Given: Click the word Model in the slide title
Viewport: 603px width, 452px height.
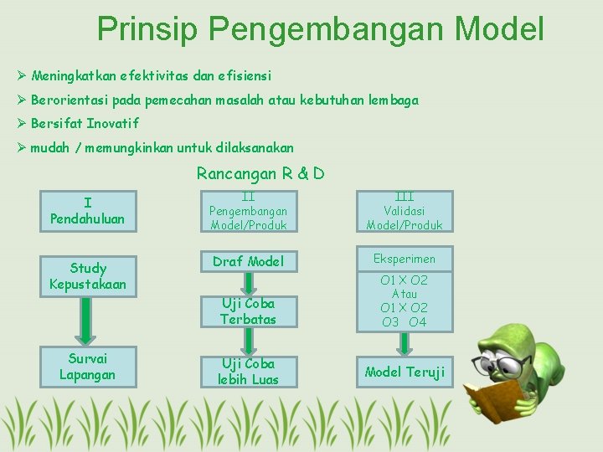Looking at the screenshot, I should (x=499, y=28).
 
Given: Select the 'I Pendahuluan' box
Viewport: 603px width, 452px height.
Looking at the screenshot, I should (x=87, y=211).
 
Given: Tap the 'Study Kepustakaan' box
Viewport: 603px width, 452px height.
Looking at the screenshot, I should (x=87, y=276).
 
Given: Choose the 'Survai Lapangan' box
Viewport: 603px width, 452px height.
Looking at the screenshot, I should (x=87, y=367).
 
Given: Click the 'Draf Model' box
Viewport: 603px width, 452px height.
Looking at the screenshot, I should (x=248, y=261).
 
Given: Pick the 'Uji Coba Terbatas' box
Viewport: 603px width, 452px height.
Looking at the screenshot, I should (x=248, y=311).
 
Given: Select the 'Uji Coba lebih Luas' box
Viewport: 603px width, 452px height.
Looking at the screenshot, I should (x=248, y=372).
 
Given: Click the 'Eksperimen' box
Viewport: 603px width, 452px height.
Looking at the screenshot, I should (x=405, y=259).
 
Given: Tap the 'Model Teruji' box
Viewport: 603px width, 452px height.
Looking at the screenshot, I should (x=405, y=372).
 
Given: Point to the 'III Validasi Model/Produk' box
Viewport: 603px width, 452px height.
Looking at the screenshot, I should (x=405, y=211).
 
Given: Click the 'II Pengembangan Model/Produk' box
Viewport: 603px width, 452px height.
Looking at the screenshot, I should (x=248, y=211).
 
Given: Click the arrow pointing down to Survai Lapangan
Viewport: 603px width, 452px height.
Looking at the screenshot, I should (x=87, y=321).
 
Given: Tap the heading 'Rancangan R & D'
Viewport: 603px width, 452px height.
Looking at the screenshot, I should (x=260, y=174).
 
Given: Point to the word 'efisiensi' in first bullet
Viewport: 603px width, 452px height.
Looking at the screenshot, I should (x=244, y=75).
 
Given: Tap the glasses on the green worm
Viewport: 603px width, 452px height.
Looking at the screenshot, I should (x=512, y=364).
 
